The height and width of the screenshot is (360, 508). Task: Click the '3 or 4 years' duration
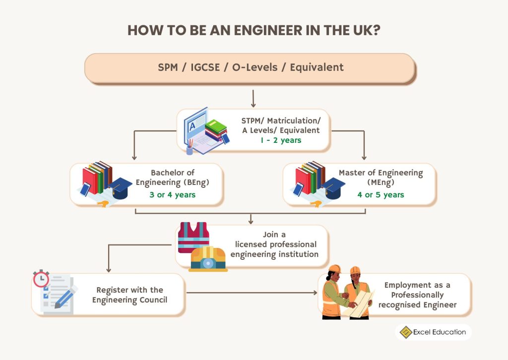[172, 194]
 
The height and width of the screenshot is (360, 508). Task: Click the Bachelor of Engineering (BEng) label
[173, 177]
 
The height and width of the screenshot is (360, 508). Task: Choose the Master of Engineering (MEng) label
[381, 177]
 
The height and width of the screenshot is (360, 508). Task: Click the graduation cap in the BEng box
[122, 188]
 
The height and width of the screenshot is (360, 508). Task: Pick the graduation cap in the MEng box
[334, 188]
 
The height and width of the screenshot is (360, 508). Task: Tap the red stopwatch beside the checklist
[41, 279]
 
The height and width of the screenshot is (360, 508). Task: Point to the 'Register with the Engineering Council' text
[129, 295]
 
